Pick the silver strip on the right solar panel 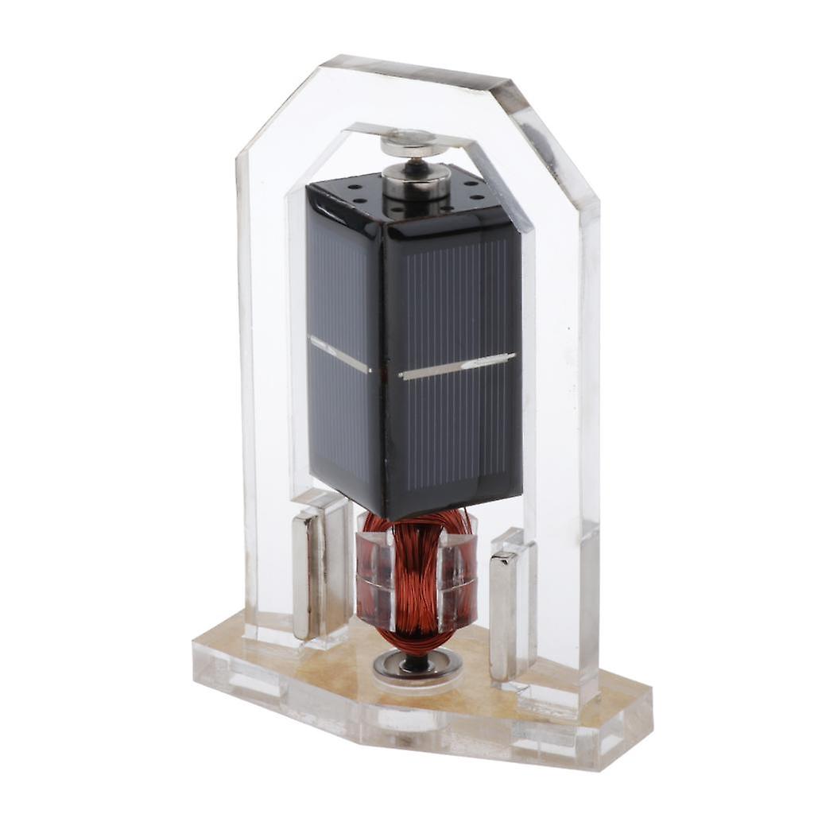[456, 366]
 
